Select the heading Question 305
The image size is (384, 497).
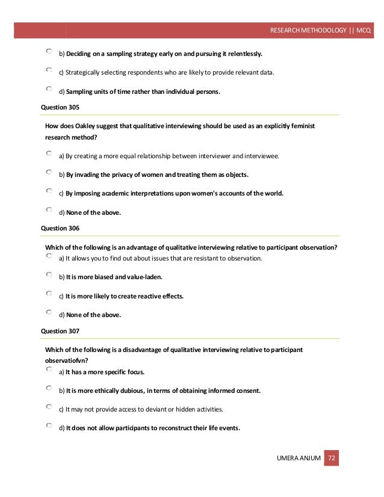coord(60,107)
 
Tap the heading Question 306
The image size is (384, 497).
coord(60,228)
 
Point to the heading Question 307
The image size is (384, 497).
coord(60,331)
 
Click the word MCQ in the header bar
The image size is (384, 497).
coord(364,30)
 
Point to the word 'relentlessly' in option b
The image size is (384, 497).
coord(242,54)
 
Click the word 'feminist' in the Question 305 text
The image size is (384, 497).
coord(302,126)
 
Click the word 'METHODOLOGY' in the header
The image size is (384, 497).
coord(323,30)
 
